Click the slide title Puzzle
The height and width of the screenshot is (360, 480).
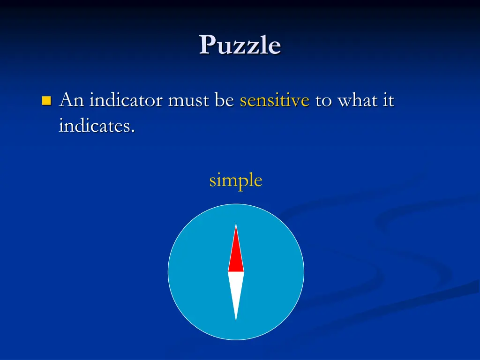240,45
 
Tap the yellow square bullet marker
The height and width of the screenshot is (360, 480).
46,100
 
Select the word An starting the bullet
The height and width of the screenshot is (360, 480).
71,100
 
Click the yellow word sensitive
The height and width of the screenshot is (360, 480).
275,100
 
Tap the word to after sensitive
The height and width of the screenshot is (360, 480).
323,101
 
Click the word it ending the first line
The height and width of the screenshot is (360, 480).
389,100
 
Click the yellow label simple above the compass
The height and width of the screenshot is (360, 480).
236,180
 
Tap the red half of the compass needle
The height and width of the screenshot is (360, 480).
236,255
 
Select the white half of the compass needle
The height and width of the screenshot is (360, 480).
236,291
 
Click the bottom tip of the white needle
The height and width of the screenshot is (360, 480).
236,320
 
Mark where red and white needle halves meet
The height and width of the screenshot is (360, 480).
236,272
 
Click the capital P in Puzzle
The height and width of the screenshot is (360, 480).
207,45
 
